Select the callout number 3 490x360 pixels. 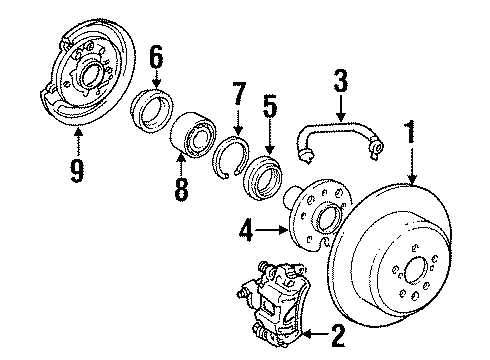tap(340, 81)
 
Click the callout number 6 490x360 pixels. tap(154, 60)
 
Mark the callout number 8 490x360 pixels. tap(181, 189)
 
